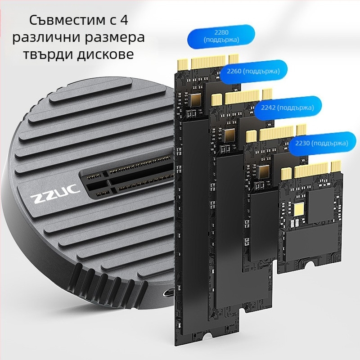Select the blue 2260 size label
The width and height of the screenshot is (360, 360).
[253, 71]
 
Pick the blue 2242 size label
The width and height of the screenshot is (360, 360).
[288, 107]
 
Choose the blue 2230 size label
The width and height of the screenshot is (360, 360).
[321, 143]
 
